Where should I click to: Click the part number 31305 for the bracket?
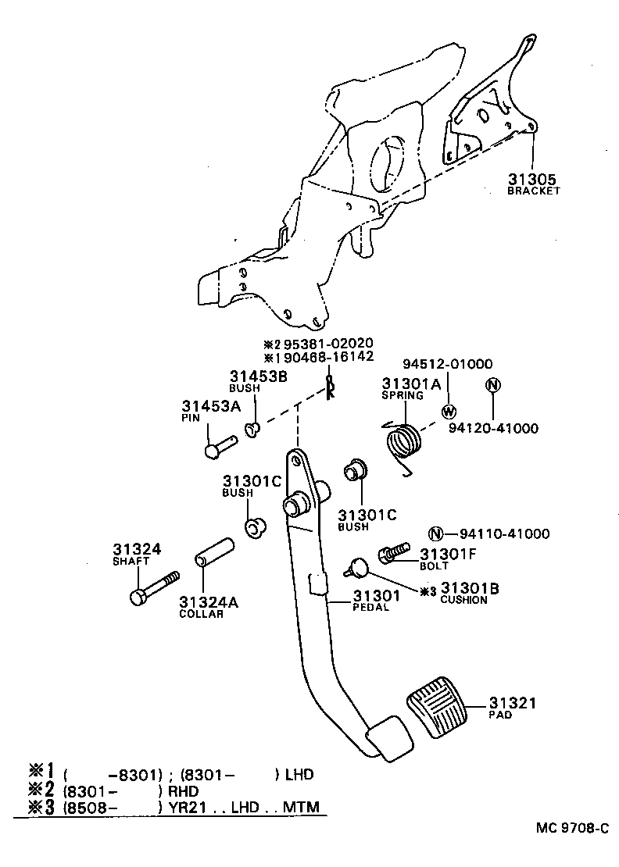tap(533, 179)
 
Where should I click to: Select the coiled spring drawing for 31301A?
tap(403, 445)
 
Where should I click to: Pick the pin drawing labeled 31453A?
tap(220, 447)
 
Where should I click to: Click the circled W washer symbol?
tap(449, 412)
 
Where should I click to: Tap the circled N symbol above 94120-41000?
tap(492, 385)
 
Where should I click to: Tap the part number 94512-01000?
tap(447, 364)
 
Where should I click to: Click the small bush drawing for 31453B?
tap(253, 430)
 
